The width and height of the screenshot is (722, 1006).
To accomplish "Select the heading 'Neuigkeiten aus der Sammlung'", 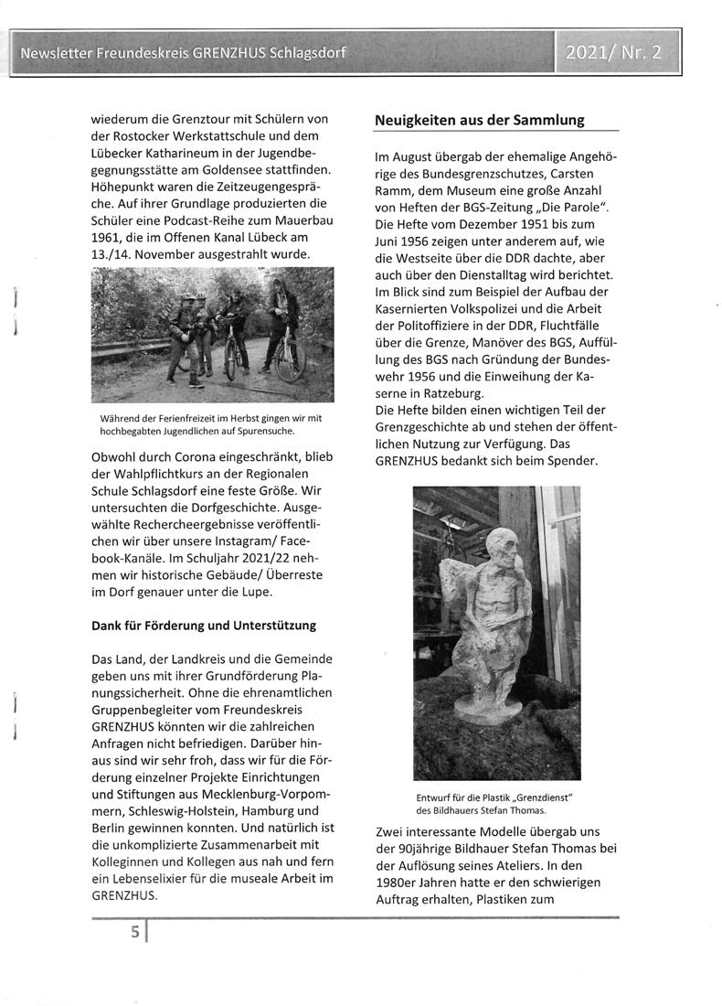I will (480, 121).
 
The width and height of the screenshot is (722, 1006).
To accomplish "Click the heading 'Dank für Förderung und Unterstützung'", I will (203, 626).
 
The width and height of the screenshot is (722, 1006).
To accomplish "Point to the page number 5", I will (134, 934).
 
